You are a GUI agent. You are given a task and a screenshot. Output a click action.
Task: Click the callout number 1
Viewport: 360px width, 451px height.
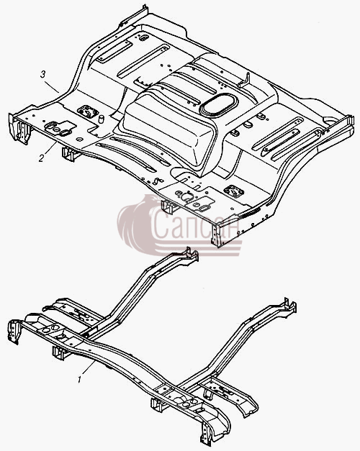point(79,379)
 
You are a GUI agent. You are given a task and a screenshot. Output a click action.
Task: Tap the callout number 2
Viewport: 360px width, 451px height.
point(42,158)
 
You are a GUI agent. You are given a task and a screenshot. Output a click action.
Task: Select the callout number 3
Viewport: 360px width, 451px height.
point(43,75)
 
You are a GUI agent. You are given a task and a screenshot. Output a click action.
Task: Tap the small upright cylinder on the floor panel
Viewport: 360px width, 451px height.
point(101,119)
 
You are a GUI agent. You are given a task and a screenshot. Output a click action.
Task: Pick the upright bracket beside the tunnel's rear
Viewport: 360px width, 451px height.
point(245,81)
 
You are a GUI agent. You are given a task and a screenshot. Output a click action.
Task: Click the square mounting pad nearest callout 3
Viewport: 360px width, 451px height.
point(87,111)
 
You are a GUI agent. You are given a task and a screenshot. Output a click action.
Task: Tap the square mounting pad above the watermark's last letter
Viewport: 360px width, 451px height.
point(234,191)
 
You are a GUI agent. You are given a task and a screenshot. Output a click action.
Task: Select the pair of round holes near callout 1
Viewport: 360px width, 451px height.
point(50,328)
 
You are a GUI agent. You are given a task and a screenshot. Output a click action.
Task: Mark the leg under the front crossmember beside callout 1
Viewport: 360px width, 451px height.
point(58,352)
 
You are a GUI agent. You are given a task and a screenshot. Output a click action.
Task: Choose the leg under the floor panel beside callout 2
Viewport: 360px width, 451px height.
point(68,154)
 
